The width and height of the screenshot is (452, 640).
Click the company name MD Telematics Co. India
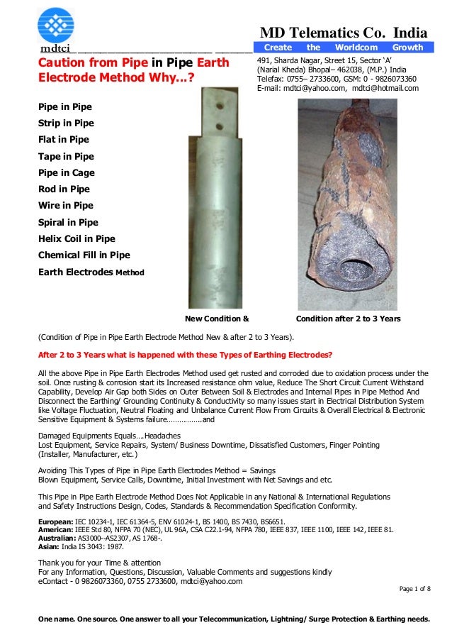(344, 33)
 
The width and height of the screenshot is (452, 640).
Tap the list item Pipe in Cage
(66, 172)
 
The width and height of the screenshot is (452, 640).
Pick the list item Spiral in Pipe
(68, 222)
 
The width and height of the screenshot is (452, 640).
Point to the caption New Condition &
(217, 319)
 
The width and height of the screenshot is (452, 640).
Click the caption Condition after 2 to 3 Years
(348, 319)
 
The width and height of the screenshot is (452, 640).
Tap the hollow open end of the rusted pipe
(352, 270)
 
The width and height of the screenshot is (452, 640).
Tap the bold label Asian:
(49, 546)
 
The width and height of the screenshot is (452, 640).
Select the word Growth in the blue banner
(407, 48)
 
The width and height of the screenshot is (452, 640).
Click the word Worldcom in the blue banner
(356, 48)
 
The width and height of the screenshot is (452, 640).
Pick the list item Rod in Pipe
(64, 189)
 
